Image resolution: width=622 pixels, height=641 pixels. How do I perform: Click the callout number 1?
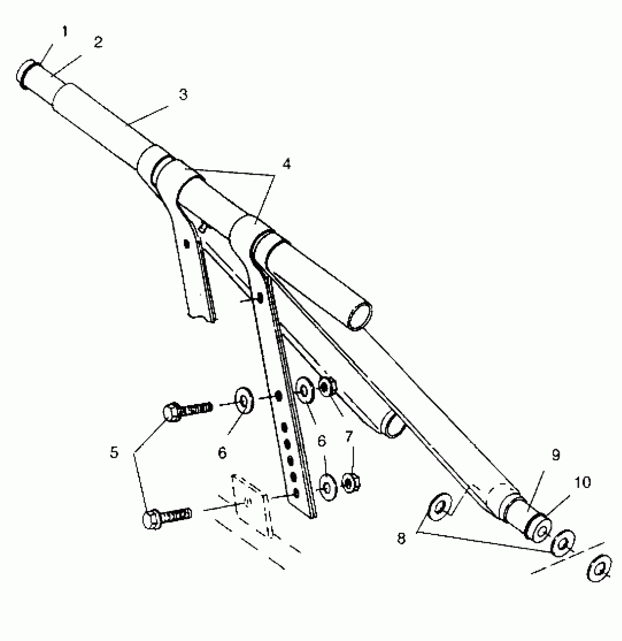[x=65, y=32]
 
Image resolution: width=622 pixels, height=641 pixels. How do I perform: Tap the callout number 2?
[x=98, y=43]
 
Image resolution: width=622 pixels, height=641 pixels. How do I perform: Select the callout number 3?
[x=183, y=95]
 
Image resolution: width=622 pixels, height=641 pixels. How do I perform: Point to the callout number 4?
[x=286, y=164]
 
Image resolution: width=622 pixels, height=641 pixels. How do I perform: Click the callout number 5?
[x=114, y=453]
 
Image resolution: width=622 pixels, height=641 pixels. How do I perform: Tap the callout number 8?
[x=401, y=538]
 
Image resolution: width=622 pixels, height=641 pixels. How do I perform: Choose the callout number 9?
[x=556, y=455]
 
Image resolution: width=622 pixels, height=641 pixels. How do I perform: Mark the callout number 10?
[x=582, y=483]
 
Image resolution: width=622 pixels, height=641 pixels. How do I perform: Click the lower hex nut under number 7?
[x=351, y=483]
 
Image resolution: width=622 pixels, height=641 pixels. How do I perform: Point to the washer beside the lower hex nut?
[x=328, y=488]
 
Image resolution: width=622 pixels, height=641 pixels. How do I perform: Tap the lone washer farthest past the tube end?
[x=599, y=570]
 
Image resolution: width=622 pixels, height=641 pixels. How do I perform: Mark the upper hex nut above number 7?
[x=327, y=387]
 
